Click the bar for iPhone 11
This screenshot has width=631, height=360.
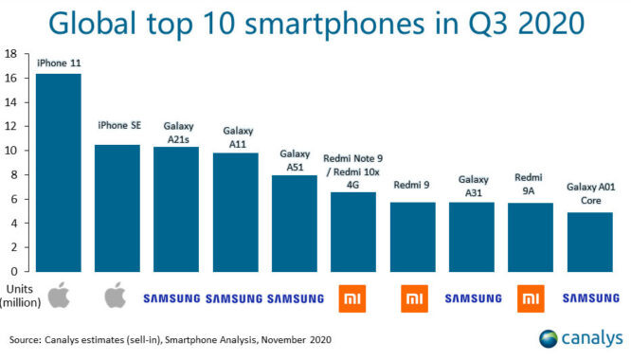pos(58,161)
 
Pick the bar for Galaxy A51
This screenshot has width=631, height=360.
pos(295,211)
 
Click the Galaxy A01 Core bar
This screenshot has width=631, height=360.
pos(590,229)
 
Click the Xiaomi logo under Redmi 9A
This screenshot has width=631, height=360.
pos(531,298)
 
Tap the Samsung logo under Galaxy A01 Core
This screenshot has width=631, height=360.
pos(590,298)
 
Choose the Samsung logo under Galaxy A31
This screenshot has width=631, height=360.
pos(472,298)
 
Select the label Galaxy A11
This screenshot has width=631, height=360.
pos(237,136)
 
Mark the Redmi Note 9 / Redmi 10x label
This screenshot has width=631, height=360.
pos(353,171)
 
